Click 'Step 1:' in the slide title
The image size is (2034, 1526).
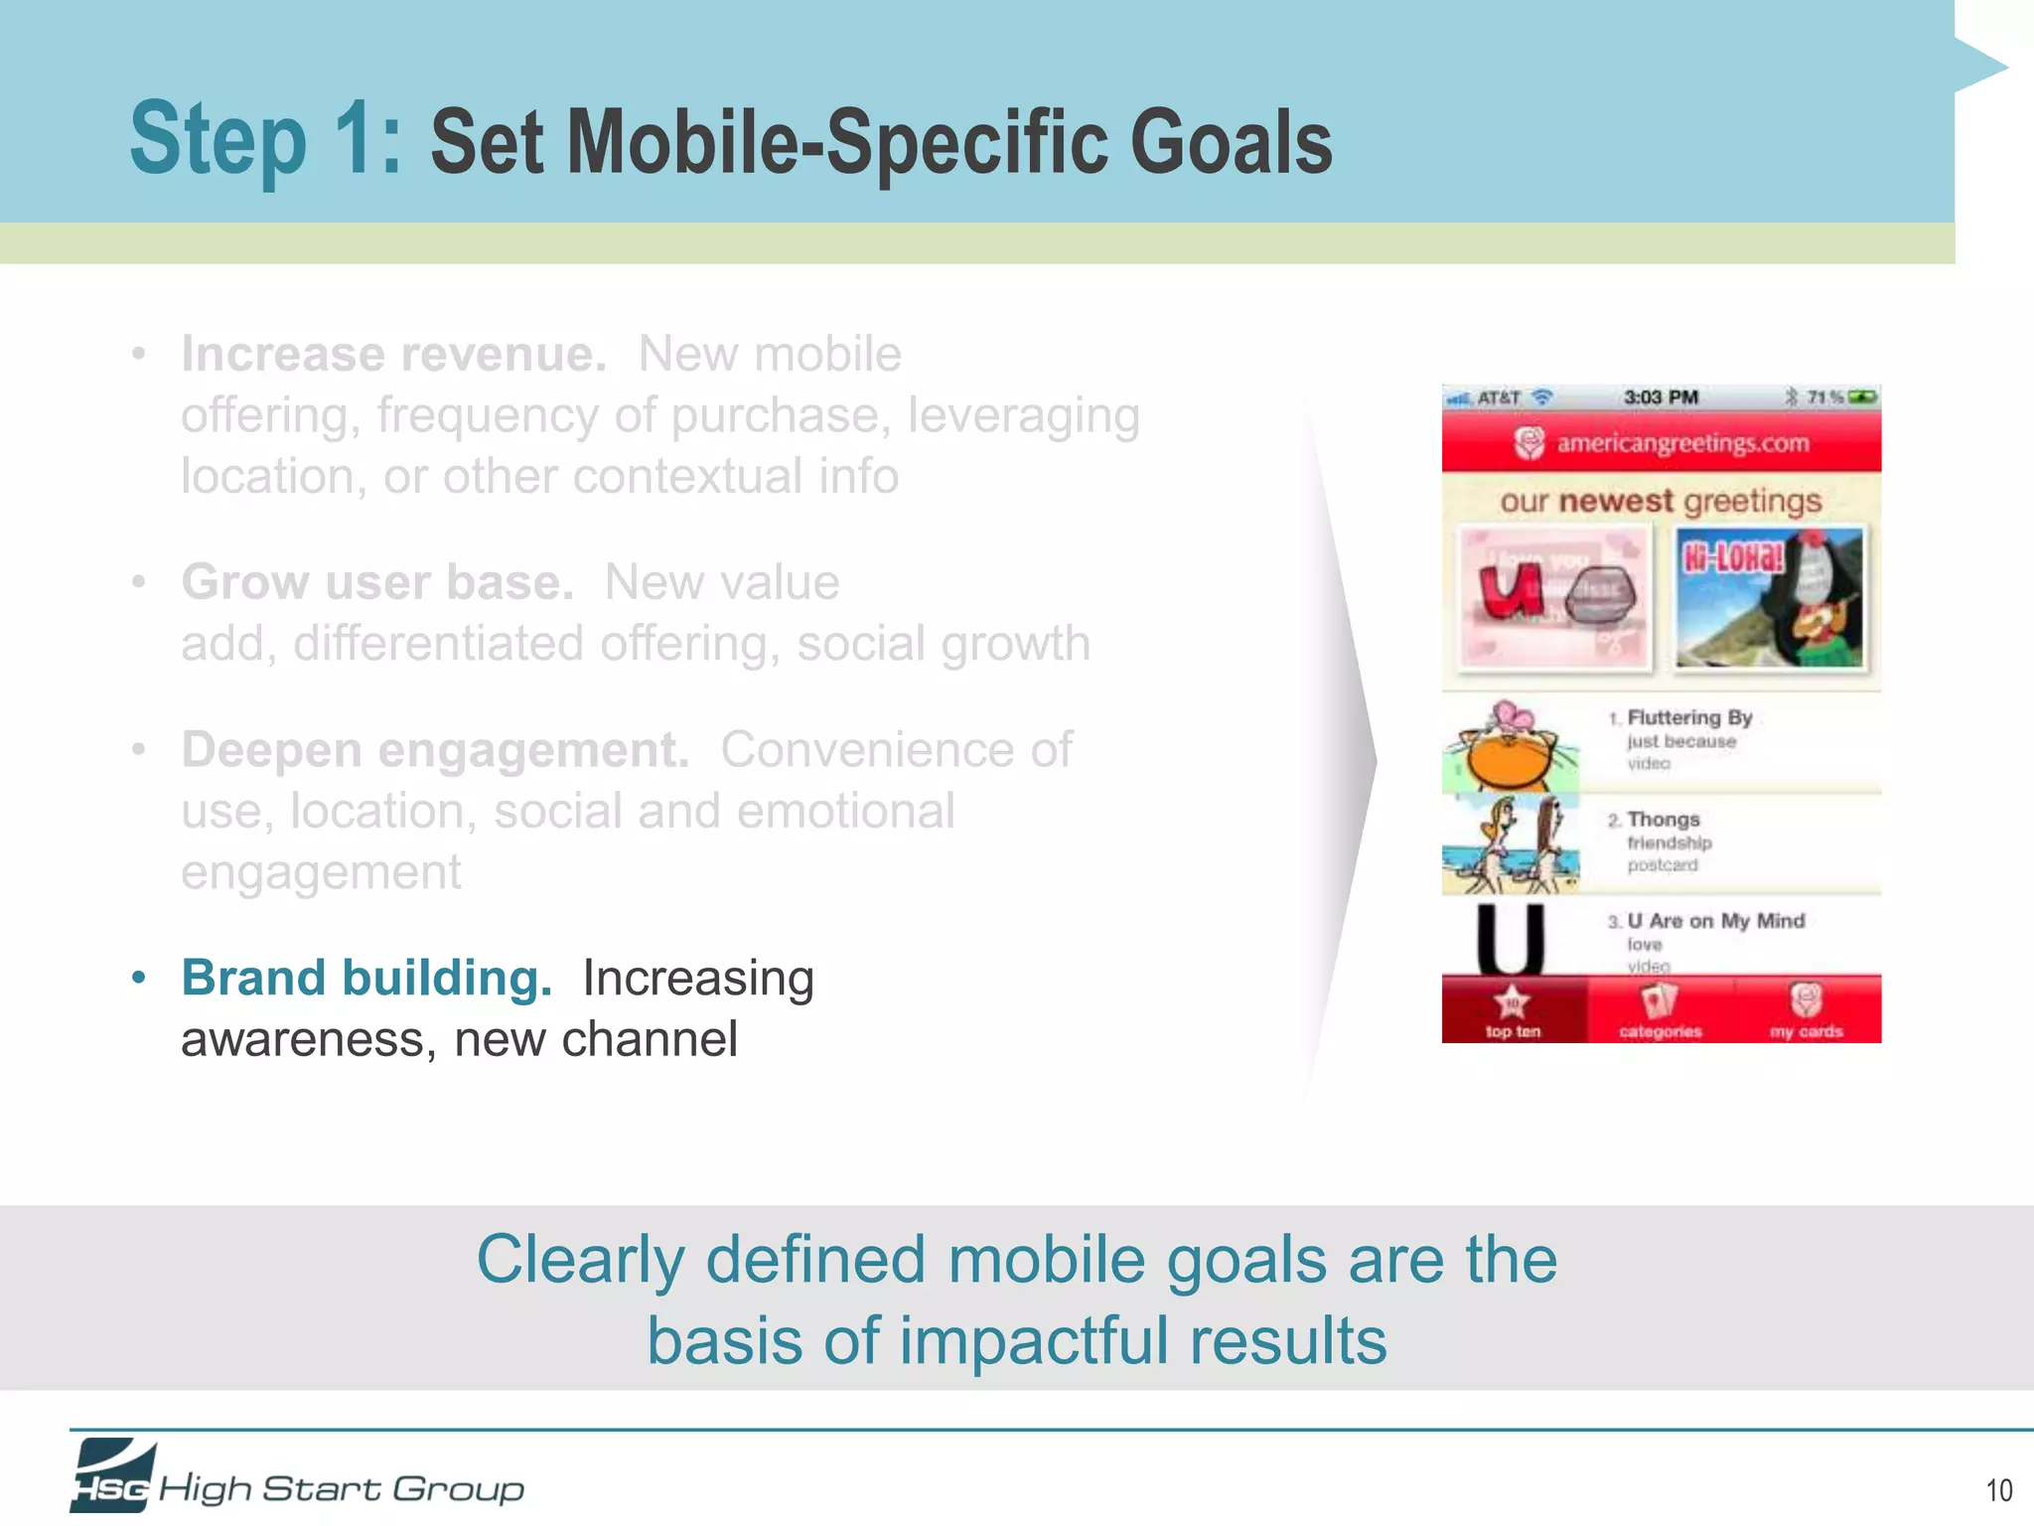tap(265, 140)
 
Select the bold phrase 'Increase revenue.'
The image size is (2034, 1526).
tap(393, 355)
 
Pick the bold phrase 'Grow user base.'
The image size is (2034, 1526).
tap(377, 582)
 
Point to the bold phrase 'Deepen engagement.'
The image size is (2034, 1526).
tap(435, 750)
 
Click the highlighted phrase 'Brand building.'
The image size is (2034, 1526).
tap(366, 978)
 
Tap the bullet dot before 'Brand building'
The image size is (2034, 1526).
tap(139, 979)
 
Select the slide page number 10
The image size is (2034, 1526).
tap(1998, 1490)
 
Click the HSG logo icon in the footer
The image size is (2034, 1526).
tap(111, 1476)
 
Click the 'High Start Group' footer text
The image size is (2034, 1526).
tap(341, 1488)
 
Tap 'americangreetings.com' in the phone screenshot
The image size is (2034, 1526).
tap(1681, 443)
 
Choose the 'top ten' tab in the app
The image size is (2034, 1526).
tap(1513, 1011)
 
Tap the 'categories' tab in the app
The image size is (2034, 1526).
tap(1660, 1011)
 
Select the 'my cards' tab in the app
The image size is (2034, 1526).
tap(1806, 1011)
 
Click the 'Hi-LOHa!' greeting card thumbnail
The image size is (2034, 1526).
tap(1770, 598)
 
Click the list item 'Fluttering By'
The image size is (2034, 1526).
tap(1688, 718)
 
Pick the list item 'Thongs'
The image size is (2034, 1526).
tap(1664, 820)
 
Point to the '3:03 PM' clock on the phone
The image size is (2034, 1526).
tap(1661, 397)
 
